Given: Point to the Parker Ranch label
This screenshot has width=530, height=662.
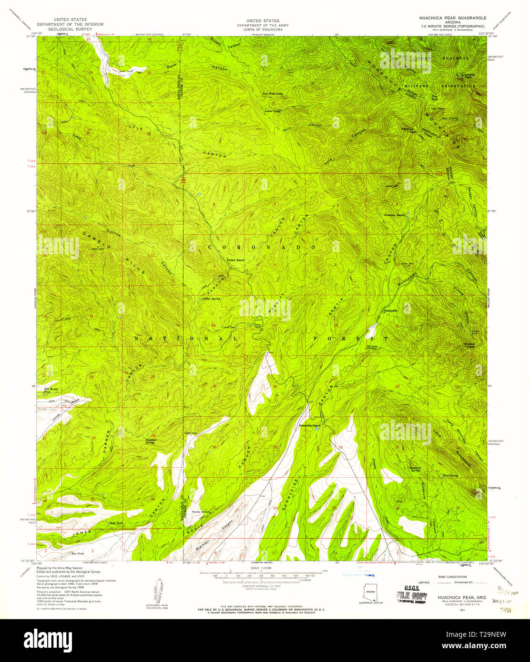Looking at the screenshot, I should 236,260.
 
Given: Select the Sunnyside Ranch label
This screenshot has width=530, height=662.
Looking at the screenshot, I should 309,425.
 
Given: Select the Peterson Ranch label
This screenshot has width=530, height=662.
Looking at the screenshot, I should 394,215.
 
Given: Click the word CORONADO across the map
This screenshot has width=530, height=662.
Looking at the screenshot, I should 262,248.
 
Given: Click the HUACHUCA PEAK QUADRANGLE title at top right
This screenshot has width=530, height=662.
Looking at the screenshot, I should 450,18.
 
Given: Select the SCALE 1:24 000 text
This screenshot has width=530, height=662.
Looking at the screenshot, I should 261,568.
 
